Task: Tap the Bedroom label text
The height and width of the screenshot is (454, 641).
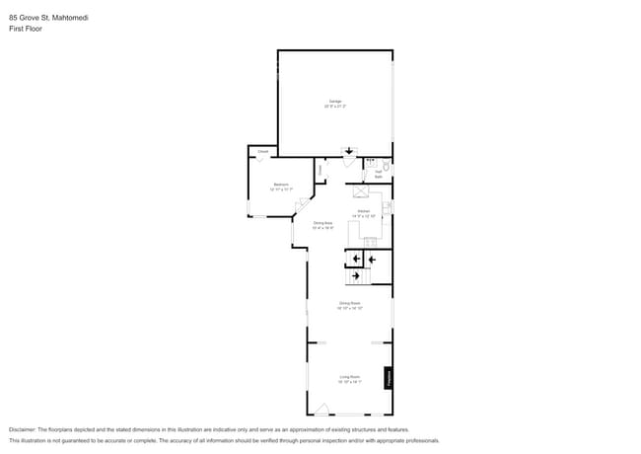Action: coord(281,185)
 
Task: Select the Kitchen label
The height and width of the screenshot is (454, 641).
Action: coord(364,211)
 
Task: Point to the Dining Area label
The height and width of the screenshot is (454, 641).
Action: coord(322,223)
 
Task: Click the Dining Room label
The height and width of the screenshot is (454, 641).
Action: coord(350,303)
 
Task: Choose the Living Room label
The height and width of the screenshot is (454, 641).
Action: coord(350,376)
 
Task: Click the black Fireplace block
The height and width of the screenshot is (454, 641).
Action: coord(389,378)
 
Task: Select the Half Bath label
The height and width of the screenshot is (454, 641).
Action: coord(378,174)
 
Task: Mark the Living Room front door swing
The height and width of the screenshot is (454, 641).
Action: coord(321,409)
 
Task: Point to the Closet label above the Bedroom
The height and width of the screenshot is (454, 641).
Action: coord(263,151)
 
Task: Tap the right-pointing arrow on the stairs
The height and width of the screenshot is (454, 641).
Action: coord(354,276)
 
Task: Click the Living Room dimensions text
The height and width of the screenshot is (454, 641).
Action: coord(350,381)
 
